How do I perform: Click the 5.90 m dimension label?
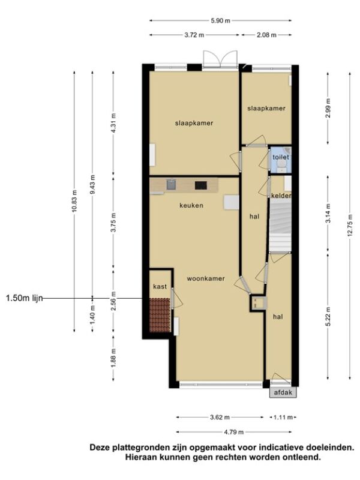[x=220, y=21]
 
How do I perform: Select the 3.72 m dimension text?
[x=194, y=35]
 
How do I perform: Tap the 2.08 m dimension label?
[x=266, y=35]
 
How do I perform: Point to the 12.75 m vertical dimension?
[x=350, y=226]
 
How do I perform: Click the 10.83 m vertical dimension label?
[x=74, y=202]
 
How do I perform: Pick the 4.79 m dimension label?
[x=233, y=432]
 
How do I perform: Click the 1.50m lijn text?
[x=24, y=298]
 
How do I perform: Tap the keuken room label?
[x=191, y=205]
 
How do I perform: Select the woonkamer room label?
[x=206, y=278]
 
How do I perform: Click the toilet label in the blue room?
[x=281, y=157]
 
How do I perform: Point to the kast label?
[x=160, y=287]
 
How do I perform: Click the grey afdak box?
[x=283, y=392]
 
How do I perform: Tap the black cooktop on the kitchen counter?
[x=201, y=185]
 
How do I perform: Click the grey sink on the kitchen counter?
[x=171, y=185]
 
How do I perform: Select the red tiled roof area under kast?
[x=160, y=315]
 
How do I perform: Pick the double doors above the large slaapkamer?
[x=220, y=58]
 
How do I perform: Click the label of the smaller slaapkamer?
[x=266, y=109]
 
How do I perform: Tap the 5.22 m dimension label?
[x=328, y=317]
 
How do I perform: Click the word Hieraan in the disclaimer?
[x=141, y=458]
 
